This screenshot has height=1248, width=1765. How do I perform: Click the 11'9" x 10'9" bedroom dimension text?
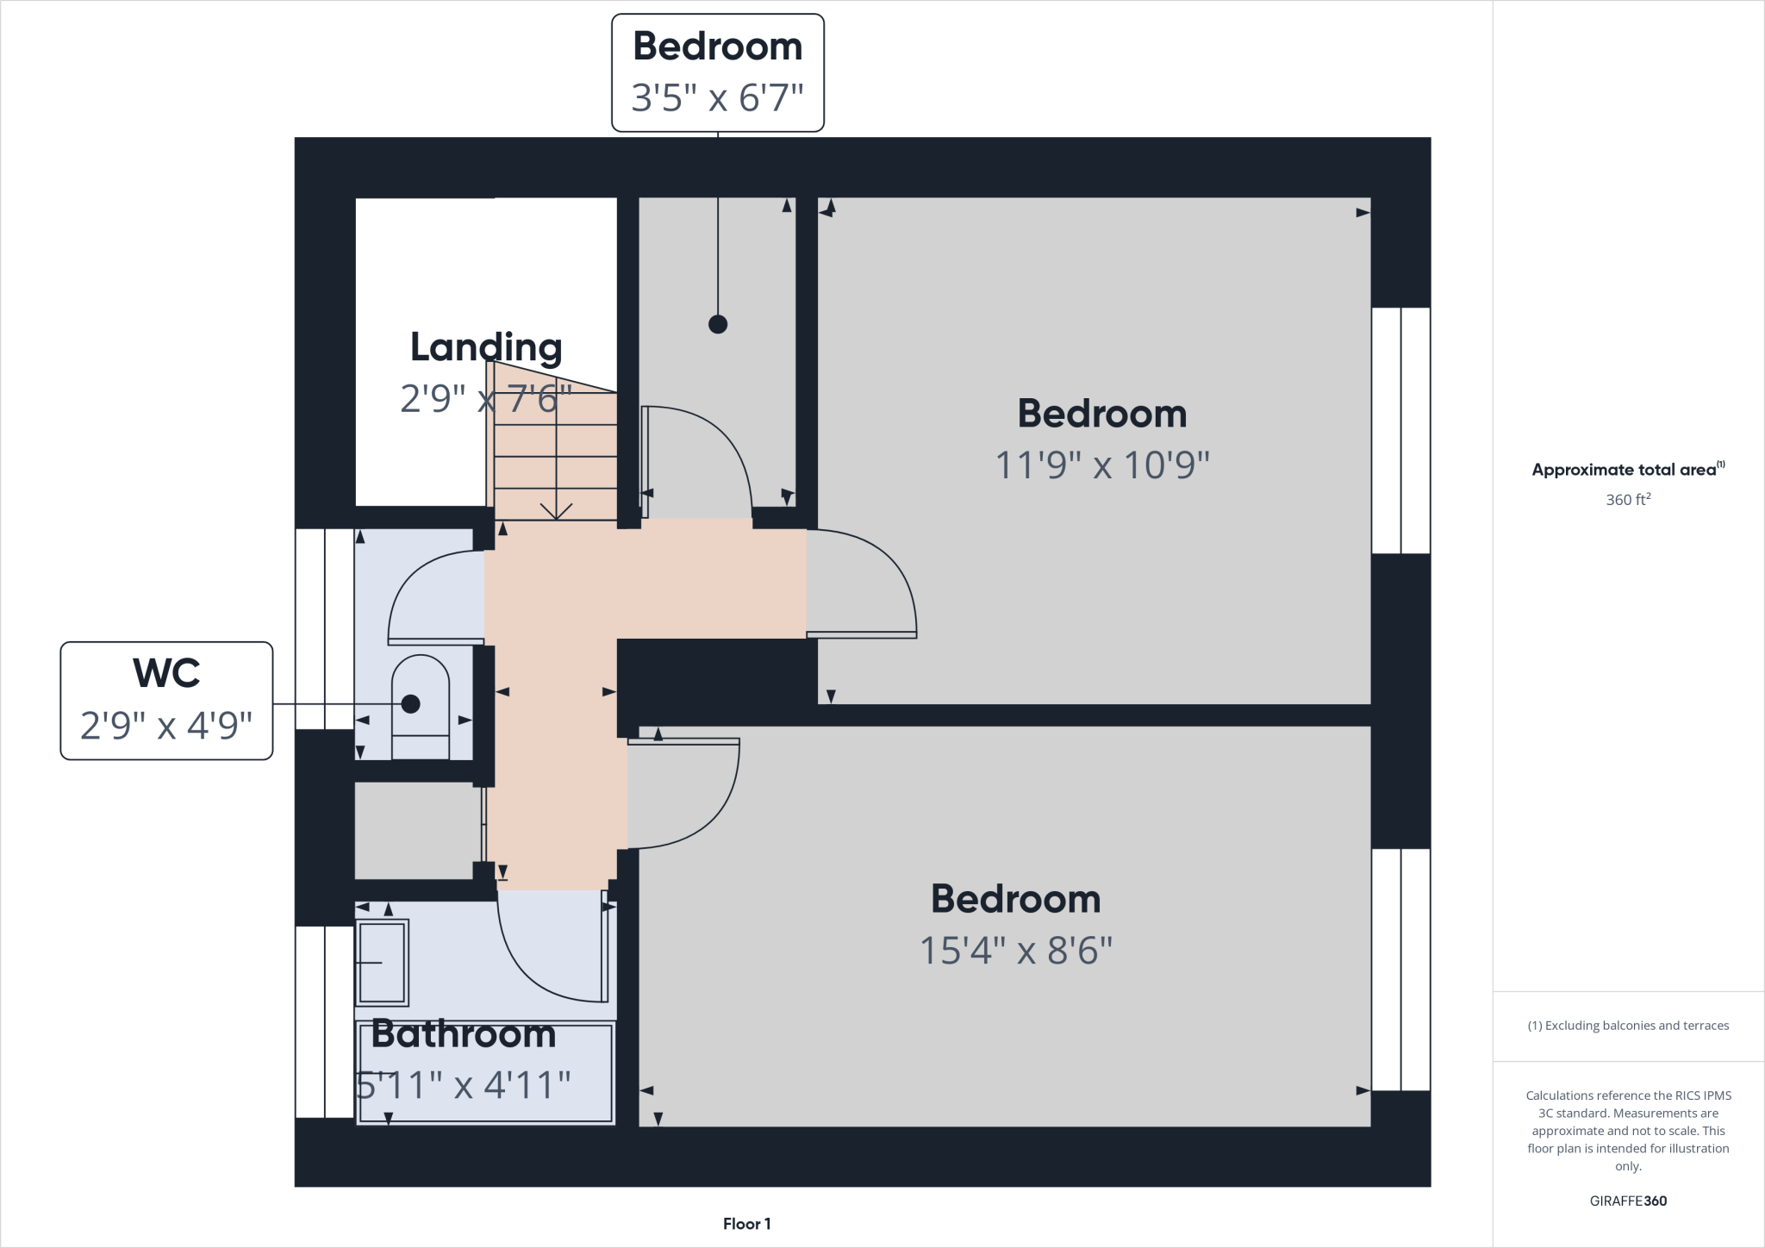click(1101, 465)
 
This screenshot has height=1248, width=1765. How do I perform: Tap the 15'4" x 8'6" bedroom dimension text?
click(1015, 952)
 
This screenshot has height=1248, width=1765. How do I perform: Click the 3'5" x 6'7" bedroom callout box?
click(717, 72)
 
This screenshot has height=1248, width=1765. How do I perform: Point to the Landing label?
click(486, 347)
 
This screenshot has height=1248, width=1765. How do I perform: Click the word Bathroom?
click(464, 1034)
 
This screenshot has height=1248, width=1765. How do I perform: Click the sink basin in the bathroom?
click(382, 962)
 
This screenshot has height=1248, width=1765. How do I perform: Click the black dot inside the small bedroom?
click(717, 324)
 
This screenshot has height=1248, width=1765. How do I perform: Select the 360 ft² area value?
click(1627, 500)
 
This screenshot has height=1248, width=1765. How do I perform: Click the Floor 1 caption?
click(746, 1224)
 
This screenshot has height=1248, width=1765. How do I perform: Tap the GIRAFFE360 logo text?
click(1628, 1201)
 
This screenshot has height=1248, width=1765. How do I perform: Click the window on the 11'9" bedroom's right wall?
click(1400, 430)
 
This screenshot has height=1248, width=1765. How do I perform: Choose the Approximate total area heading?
click(1627, 470)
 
